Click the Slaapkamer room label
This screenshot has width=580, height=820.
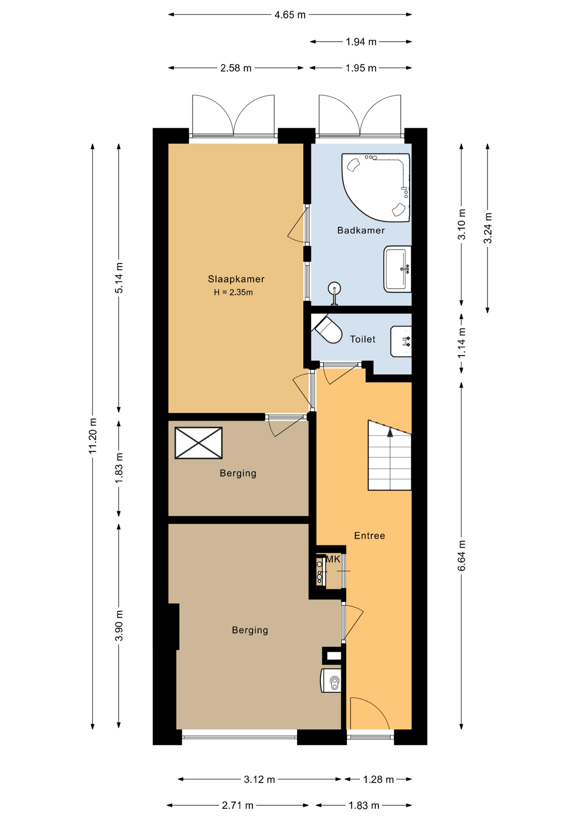click(x=236, y=279)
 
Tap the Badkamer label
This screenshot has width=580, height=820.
click(x=361, y=230)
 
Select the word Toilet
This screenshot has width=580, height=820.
click(x=363, y=339)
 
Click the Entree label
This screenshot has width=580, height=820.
click(x=369, y=536)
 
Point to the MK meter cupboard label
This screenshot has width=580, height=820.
click(x=333, y=559)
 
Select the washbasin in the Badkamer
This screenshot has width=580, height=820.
click(x=398, y=269)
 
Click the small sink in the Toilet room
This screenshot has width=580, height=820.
click(x=401, y=341)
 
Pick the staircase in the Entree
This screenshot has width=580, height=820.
click(x=390, y=455)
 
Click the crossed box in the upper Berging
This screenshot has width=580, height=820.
click(x=199, y=443)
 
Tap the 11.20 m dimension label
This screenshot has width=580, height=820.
click(x=93, y=436)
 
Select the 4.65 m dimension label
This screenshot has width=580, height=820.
click(x=290, y=15)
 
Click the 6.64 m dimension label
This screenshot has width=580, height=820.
click(x=462, y=556)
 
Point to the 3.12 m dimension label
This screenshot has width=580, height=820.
click(x=259, y=779)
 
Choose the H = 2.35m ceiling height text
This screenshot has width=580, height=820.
click(x=233, y=293)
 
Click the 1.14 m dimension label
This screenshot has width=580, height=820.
click(x=462, y=343)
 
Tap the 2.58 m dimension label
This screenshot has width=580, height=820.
click(x=236, y=68)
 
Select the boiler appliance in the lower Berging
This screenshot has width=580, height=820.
click(x=331, y=680)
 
